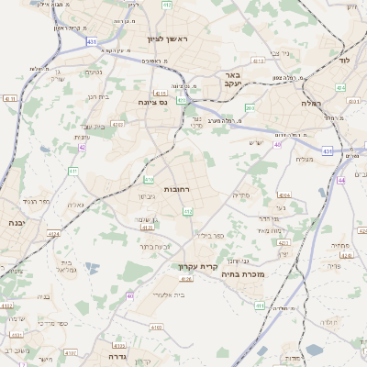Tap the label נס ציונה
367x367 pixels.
(150, 103)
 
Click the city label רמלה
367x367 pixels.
(310, 103)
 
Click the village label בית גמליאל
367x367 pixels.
(64, 264)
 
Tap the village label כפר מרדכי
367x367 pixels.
(50, 324)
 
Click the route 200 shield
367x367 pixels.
(250, 108)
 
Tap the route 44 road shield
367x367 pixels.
(341, 181)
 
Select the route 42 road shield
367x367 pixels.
(82, 147)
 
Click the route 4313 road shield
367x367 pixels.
(258, 61)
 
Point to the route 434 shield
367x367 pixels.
(340, 88)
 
